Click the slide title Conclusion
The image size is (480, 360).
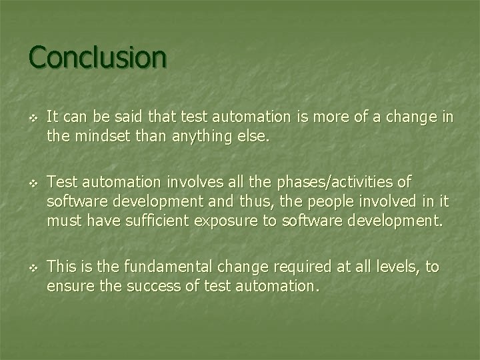click(97, 57)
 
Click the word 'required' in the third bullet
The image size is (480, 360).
click(287, 267)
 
